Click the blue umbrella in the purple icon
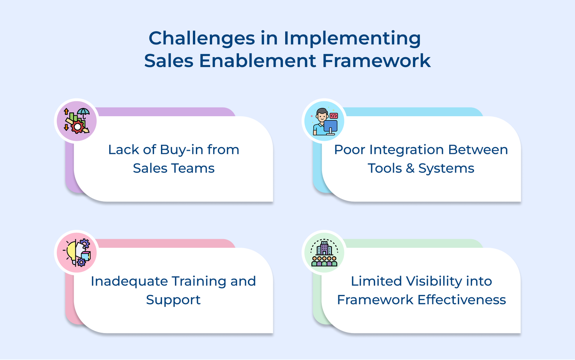pyautogui.click(x=83, y=113)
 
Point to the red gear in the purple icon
pyautogui.click(x=77, y=127)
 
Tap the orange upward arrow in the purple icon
pyautogui.click(x=66, y=111)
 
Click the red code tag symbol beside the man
pyautogui.click(x=333, y=116)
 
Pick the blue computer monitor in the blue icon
pyautogui.click(x=330, y=126)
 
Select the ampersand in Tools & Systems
pyautogui.click(x=410, y=168)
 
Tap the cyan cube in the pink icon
pyautogui.click(x=86, y=256)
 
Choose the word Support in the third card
pyautogui.click(x=173, y=300)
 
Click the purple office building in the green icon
pyautogui.click(x=324, y=248)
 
